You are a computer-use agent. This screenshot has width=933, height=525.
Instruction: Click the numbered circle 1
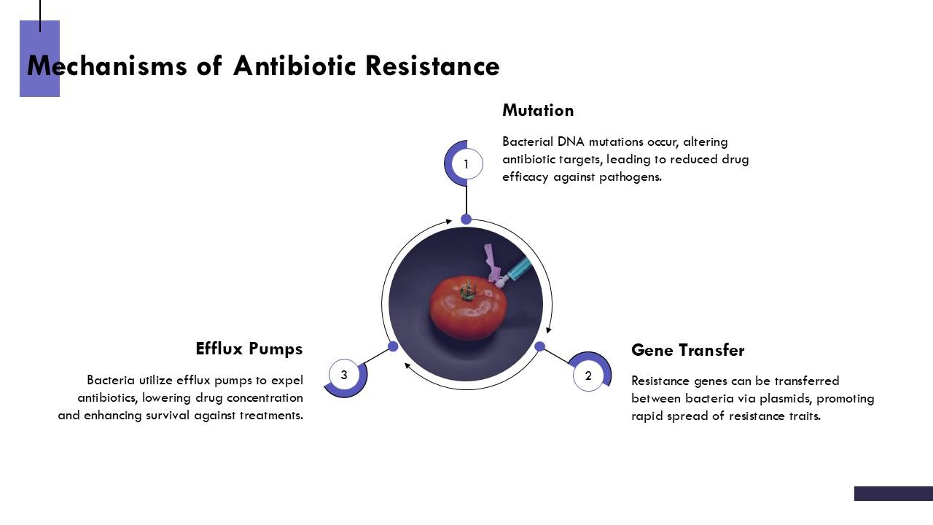pyautogui.click(x=466, y=164)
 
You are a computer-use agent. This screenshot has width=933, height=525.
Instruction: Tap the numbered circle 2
pyautogui.click(x=588, y=376)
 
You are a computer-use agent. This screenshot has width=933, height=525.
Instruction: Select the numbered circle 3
pyautogui.click(x=344, y=376)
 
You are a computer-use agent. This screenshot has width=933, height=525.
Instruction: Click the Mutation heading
pyautogui.click(x=538, y=111)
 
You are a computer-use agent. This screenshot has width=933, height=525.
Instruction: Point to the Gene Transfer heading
pyautogui.click(x=687, y=351)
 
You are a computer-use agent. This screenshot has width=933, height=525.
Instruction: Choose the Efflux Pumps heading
pyautogui.click(x=249, y=349)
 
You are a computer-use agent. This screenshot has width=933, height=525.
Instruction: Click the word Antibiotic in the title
pyautogui.click(x=295, y=66)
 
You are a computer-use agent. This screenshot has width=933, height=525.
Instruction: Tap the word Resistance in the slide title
pyautogui.click(x=432, y=66)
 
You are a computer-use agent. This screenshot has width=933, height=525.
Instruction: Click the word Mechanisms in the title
pyautogui.click(x=107, y=66)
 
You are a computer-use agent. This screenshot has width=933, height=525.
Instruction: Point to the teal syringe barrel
pyautogui.click(x=519, y=268)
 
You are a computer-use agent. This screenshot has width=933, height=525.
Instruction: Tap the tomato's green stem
pyautogui.click(x=466, y=289)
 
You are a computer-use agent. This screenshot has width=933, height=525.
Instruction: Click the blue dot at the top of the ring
pyautogui.click(x=466, y=219)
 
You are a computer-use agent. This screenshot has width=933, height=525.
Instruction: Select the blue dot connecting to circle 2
pyautogui.click(x=540, y=346)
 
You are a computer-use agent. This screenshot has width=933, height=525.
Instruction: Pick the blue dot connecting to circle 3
pyautogui.click(x=393, y=346)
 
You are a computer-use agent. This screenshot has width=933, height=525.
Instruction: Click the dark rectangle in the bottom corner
pyautogui.click(x=893, y=494)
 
